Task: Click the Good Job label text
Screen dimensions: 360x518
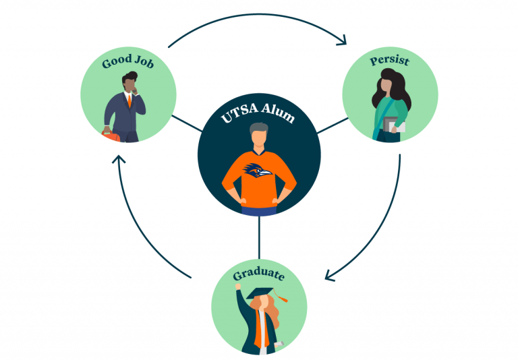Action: point(127,63)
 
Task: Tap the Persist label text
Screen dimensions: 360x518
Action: point(389,61)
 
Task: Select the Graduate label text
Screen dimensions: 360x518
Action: point(258,275)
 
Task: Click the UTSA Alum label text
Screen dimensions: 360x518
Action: point(258,116)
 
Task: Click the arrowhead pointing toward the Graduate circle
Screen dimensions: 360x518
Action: point(330,275)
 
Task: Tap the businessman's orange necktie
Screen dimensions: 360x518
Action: point(129,102)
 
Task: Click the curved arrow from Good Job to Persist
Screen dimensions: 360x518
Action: point(256,15)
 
